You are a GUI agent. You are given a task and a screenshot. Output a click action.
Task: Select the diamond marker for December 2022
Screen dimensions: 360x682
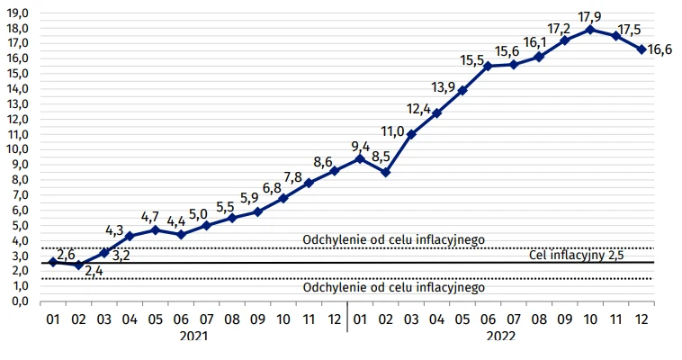point(642,49)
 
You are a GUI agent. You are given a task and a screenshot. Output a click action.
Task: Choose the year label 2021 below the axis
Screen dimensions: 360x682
point(193,336)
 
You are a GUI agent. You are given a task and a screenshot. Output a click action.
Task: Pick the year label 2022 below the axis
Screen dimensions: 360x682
point(500,336)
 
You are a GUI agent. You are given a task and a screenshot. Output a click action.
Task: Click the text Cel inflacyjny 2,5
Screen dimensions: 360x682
point(575,256)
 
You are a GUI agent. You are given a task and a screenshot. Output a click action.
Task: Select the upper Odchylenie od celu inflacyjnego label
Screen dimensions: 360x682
point(394,239)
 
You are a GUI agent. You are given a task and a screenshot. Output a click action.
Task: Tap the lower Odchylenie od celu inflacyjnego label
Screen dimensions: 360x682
point(394,288)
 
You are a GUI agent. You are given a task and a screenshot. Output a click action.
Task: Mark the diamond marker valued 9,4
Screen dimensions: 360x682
point(360,158)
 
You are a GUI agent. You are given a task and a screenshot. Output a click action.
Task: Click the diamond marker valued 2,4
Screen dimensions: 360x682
point(78,265)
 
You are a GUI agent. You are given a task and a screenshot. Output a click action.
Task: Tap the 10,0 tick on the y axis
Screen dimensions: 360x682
point(18,148)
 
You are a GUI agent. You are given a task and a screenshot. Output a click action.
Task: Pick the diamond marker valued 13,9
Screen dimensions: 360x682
point(462,90)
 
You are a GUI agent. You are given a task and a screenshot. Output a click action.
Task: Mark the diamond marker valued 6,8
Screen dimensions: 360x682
point(283,198)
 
